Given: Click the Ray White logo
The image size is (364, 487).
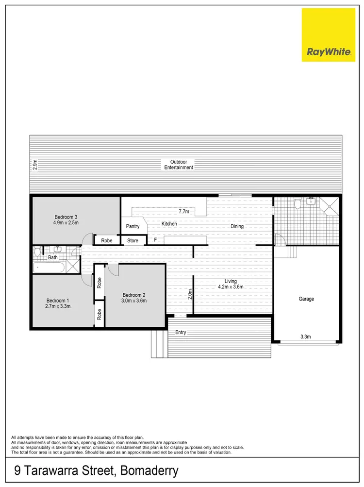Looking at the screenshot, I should pyautogui.click(x=329, y=34).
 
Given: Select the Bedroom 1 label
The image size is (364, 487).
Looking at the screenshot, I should pyautogui.click(x=58, y=303).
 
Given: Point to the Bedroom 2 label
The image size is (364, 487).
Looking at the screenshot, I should pyautogui.click(x=134, y=298).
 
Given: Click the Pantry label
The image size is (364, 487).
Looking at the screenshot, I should pyautogui.click(x=132, y=226).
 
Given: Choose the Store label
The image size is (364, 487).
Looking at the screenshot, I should pyautogui.click(x=132, y=241).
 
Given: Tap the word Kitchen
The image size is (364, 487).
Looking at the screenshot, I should pyautogui.click(x=169, y=224).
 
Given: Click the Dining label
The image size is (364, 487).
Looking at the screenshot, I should pyautogui.click(x=237, y=226).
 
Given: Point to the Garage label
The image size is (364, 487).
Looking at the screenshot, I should pyautogui.click(x=306, y=299).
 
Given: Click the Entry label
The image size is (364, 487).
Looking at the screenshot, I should pyautogui.click(x=181, y=332).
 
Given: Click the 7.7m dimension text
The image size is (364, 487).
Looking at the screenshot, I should pyautogui.click(x=183, y=212).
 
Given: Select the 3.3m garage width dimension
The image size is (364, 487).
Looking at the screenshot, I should pyautogui.click(x=306, y=336).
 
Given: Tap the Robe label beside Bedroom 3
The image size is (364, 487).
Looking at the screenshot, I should pyautogui.click(x=107, y=241).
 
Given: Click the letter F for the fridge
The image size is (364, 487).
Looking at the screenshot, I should pyautogui.click(x=155, y=240).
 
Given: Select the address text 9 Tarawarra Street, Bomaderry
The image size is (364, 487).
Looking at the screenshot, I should pyautogui.click(x=95, y=470).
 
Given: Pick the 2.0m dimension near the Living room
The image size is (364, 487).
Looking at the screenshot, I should pyautogui.click(x=190, y=295).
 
